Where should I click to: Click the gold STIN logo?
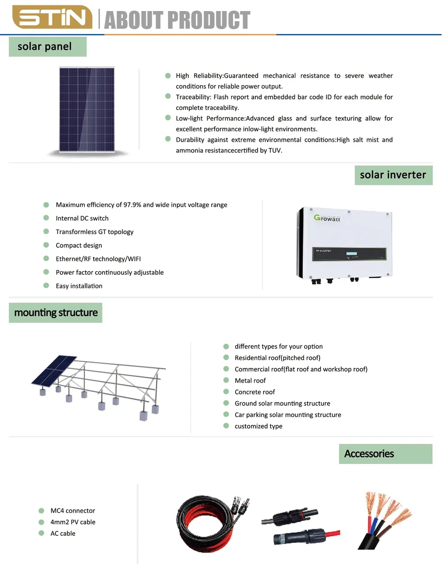click(x=52, y=17)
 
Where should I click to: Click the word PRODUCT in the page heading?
click(x=209, y=20)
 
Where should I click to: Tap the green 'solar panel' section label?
click(x=48, y=46)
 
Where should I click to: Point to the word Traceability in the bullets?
click(x=193, y=97)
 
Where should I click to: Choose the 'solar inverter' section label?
click(x=394, y=175)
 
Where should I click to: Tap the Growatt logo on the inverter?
click(x=327, y=218)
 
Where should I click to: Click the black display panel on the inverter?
click(x=349, y=254)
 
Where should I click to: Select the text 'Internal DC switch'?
click(x=82, y=218)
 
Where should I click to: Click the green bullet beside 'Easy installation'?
click(x=46, y=285)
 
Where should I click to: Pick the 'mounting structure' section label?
click(x=55, y=313)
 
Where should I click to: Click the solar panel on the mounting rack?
click(x=54, y=371)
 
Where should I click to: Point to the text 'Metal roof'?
click(x=250, y=381)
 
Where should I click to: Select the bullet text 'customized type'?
click(x=259, y=426)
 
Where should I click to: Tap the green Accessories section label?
click(x=385, y=454)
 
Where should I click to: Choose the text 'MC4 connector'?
click(x=72, y=511)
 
